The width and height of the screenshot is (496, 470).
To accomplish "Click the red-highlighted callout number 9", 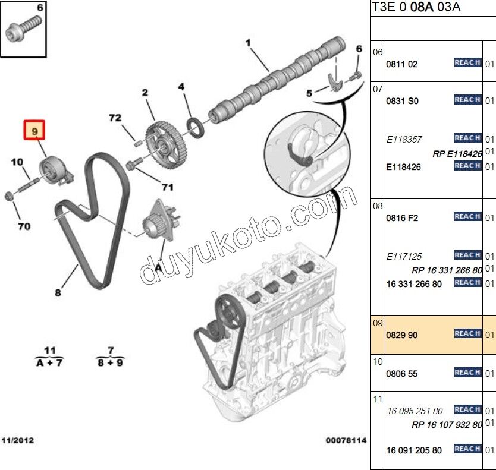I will coord(34,130).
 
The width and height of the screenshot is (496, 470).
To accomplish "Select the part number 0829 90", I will coord(402,335).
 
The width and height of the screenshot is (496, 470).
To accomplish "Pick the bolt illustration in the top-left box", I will coord(24,29).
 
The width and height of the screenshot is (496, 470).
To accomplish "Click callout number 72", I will coord(115,118).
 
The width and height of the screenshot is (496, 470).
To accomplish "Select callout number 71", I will coord(167,187).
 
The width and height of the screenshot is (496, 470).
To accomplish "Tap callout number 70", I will coord(24,226).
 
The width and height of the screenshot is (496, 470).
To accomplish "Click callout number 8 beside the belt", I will coord(58,292).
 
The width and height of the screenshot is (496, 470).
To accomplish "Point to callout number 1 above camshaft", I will coord(248,42).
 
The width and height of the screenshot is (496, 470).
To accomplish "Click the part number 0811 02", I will coord(402,64).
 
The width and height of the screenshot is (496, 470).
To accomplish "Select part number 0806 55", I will coord(402,374).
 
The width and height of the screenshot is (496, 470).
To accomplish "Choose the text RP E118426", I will coord(457,153).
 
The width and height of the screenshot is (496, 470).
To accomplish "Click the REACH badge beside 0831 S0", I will coord(467,100).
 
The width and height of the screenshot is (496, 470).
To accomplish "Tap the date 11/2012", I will coord(18,440).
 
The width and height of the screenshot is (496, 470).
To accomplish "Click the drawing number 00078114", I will coord(346,440).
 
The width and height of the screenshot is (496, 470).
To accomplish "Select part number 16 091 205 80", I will coord(415,450).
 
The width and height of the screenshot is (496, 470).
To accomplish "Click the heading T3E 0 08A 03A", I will coord(416,8).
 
